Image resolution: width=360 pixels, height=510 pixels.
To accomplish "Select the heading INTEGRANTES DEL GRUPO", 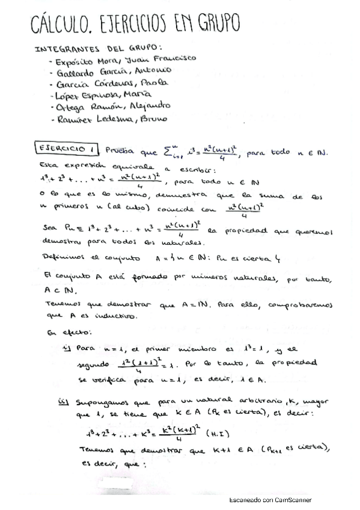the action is click(x=99, y=48).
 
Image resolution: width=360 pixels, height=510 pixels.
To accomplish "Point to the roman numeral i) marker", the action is click(x=67, y=348).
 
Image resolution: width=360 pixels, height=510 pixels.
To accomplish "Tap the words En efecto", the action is click(x=63, y=331).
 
